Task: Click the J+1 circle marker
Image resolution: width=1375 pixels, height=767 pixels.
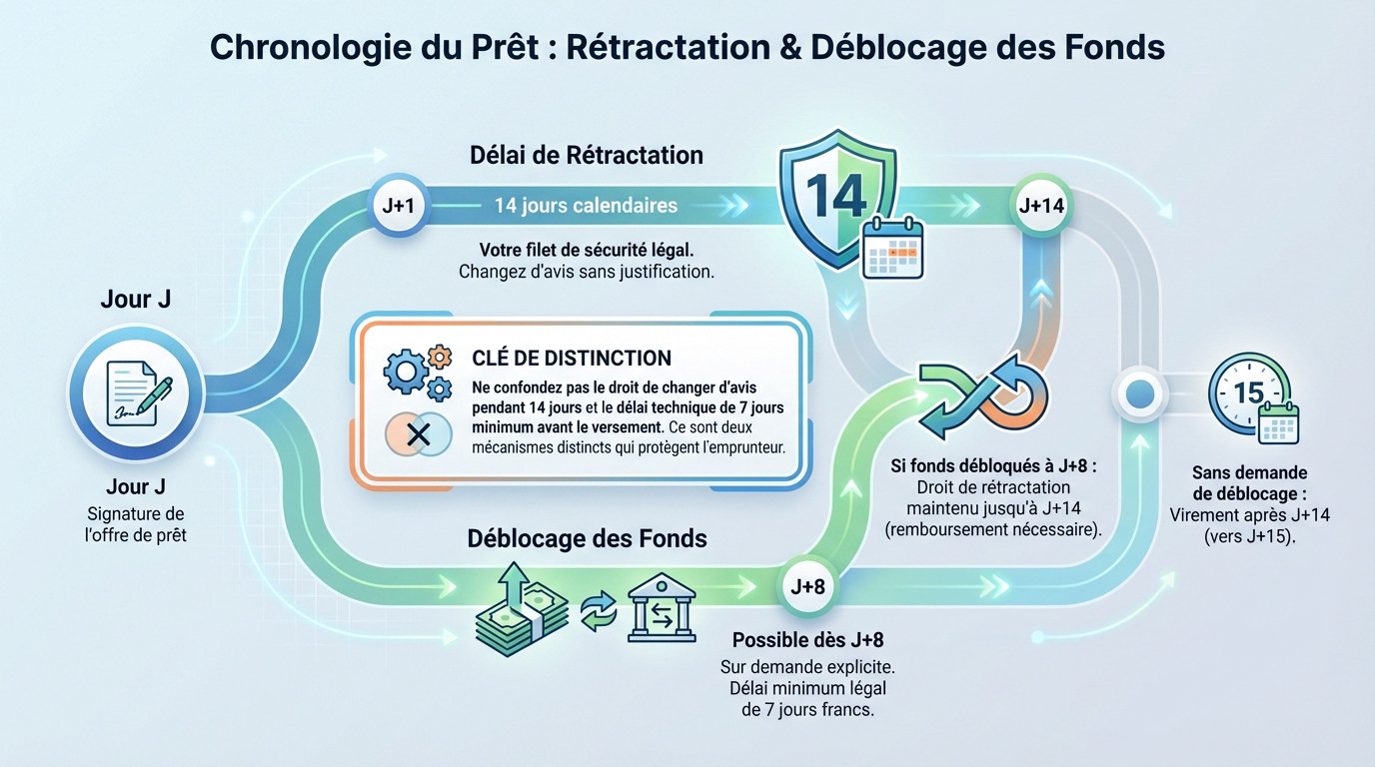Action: pyautogui.click(x=398, y=206)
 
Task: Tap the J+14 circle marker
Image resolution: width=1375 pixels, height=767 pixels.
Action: pyautogui.click(x=1040, y=206)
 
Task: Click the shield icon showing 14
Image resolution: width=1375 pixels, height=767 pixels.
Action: pyautogui.click(x=837, y=199)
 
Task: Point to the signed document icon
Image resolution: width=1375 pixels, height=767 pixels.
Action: pyautogui.click(x=137, y=394)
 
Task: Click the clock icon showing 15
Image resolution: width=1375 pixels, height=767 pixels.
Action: pyautogui.click(x=1251, y=396)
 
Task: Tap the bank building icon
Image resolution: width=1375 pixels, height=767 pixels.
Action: pyautogui.click(x=661, y=606)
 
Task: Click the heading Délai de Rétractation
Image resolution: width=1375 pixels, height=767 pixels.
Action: pyautogui.click(x=587, y=155)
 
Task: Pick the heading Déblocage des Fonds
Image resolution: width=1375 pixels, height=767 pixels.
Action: pyautogui.click(x=587, y=538)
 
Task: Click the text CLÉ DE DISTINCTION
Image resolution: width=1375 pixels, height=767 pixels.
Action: pyautogui.click(x=571, y=358)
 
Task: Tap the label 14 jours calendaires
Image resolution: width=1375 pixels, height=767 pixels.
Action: pyautogui.click(x=586, y=206)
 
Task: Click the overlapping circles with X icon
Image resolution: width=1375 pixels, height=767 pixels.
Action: pyautogui.click(x=418, y=434)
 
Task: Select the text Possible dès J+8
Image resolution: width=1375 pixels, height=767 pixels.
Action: pyautogui.click(x=807, y=640)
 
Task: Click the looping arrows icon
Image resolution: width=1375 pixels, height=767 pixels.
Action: pyautogui.click(x=984, y=396)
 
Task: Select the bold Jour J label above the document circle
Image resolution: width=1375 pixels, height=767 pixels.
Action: pyautogui.click(x=135, y=300)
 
